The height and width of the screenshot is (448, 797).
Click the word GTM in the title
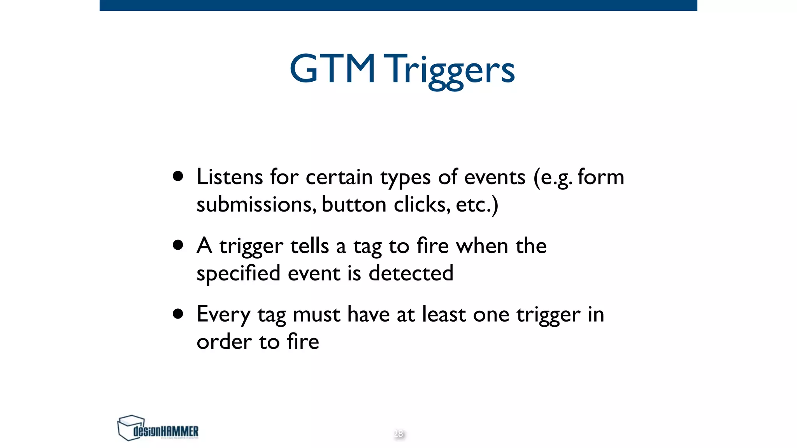[332, 69]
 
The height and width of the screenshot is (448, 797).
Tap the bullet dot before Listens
[178, 177]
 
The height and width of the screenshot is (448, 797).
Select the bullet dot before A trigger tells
[178, 245]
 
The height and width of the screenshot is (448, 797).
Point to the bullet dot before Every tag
[178, 314]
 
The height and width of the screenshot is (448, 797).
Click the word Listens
[230, 177]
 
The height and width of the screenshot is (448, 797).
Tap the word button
[354, 205]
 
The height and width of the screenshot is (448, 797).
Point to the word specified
[238, 273]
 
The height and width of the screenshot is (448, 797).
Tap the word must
[316, 315]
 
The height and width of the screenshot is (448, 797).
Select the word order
[224, 342]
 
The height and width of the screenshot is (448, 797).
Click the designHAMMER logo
[158, 428]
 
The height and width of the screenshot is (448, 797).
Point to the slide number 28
[398, 434]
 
